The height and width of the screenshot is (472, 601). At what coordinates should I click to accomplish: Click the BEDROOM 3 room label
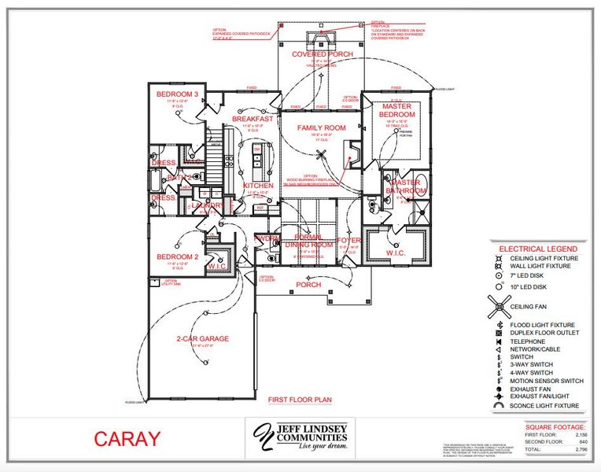[x=177, y=95]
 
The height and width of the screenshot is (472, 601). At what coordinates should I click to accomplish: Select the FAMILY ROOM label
[x=321, y=127]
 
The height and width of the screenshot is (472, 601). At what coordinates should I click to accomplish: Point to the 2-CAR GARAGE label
[x=202, y=339]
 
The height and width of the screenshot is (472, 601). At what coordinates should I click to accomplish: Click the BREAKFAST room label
[x=253, y=119]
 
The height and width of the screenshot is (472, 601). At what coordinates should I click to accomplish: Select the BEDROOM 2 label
[x=177, y=257]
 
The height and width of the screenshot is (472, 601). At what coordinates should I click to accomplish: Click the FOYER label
[x=348, y=240]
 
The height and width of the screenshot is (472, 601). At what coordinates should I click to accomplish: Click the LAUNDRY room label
[x=208, y=205]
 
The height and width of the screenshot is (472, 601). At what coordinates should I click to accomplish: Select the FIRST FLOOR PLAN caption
[x=300, y=400]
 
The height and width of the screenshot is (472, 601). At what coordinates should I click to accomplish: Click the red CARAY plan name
[x=127, y=439]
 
